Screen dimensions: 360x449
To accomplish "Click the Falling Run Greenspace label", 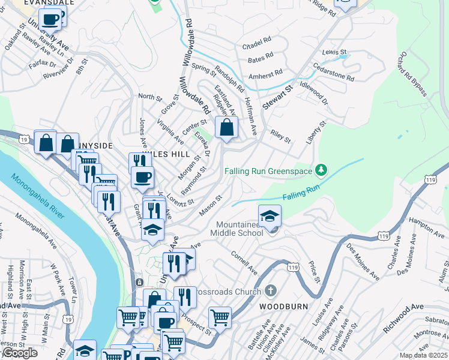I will coord(268,171).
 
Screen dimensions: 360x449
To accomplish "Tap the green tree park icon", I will coord(322,170).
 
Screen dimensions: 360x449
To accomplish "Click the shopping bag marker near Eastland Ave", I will coord(226,128).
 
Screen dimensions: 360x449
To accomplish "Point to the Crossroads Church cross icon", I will coord(271,292).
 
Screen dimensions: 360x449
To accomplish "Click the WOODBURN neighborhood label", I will coord(284,306).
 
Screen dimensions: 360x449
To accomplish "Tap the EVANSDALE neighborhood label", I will coord(24,2).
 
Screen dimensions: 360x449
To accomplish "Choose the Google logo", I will coord(19,353).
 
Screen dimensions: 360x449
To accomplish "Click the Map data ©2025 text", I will coord(424,355).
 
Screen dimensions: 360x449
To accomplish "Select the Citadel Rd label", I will coord(256,47).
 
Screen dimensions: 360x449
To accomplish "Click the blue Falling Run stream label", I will coord(298,196).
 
